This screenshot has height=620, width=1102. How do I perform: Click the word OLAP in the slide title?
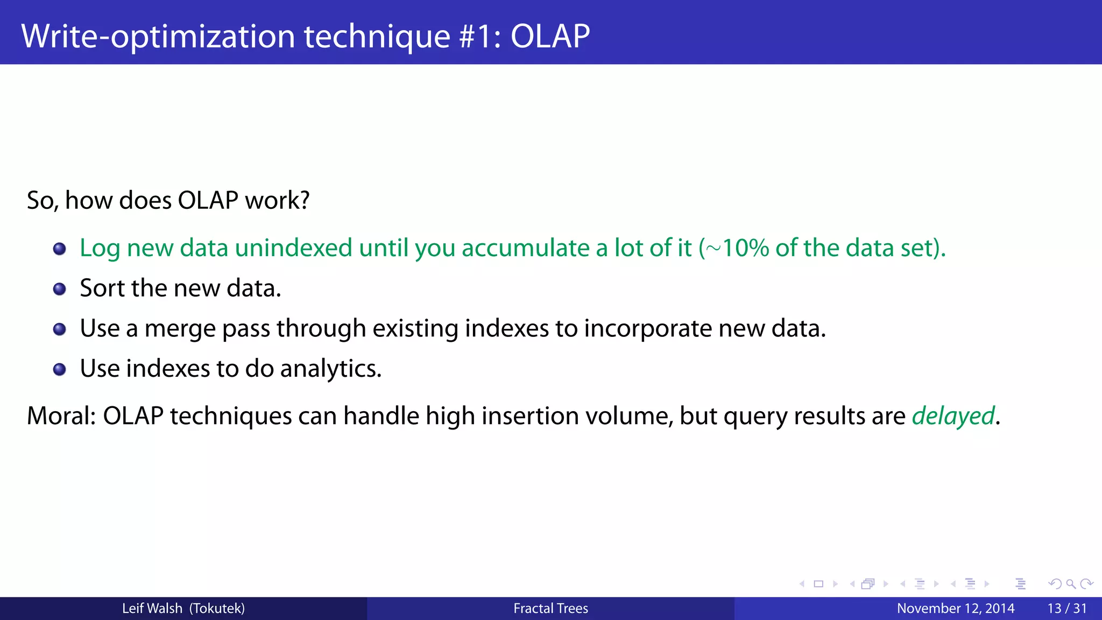[549, 36]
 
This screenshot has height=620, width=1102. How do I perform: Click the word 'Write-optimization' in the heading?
[158, 36]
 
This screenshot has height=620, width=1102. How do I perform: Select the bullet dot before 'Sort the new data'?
[59, 290]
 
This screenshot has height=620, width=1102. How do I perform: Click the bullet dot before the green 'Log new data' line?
[59, 249]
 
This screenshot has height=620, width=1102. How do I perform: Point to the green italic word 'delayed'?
[953, 416]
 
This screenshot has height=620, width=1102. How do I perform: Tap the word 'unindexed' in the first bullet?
[293, 248]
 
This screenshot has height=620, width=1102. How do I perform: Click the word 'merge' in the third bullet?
[180, 329]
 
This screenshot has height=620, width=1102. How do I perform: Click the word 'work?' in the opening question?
[277, 200]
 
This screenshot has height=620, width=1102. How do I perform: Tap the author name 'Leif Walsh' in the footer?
[152, 609]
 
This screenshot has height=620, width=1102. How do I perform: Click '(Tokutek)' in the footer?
[217, 609]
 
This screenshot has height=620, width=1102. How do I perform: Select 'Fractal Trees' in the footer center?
[550, 609]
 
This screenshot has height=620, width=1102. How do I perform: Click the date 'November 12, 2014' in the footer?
[955, 609]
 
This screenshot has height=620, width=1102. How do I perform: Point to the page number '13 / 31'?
[1066, 609]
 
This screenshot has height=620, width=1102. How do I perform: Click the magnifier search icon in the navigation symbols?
[1071, 584]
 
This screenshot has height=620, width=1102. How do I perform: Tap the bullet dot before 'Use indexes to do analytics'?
[59, 370]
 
